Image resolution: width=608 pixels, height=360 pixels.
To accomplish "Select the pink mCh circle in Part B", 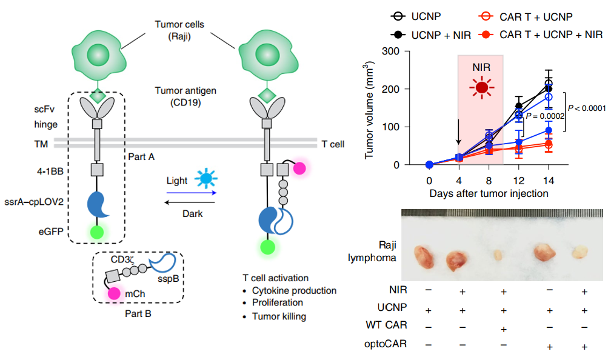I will point(114,293).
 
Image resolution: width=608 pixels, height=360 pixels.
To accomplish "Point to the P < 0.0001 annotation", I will point(586,108).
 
